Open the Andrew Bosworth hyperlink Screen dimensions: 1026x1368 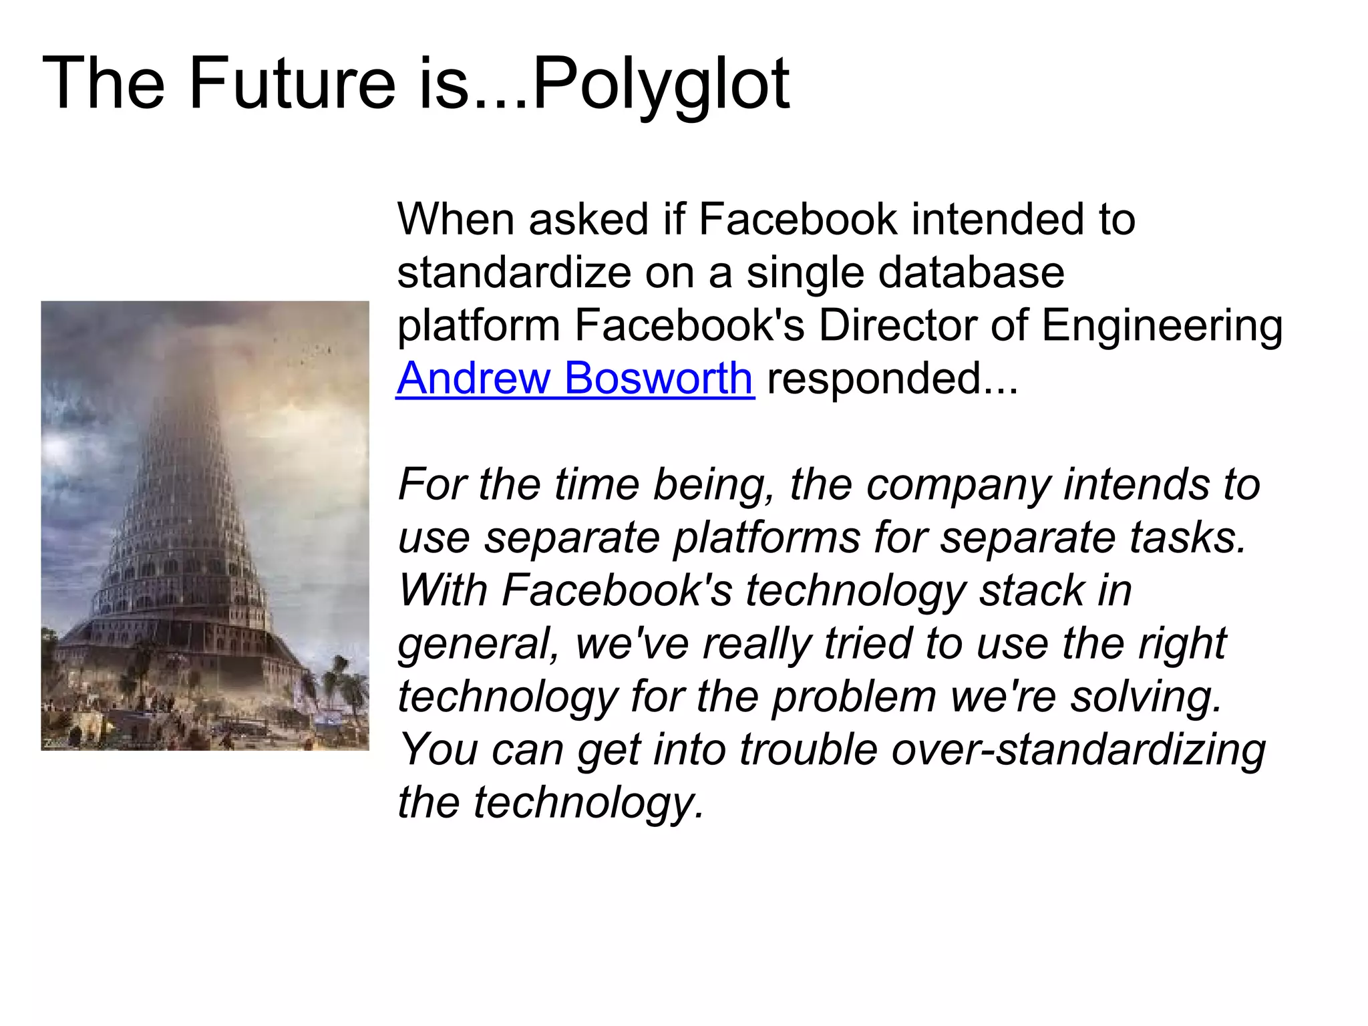pyautogui.click(x=575, y=378)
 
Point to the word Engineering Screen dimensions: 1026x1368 pyautogui.click(x=1162, y=327)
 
